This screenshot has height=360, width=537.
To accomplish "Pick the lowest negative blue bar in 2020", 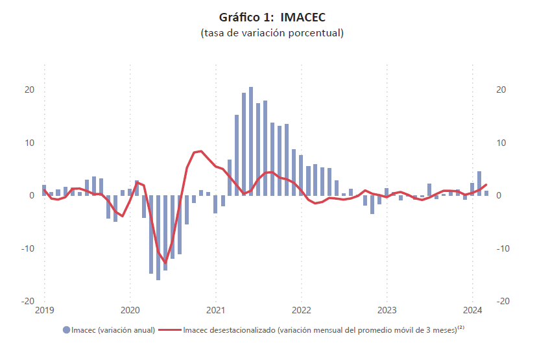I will click(x=158, y=237).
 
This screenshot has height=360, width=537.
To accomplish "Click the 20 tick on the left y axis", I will click(x=29, y=90).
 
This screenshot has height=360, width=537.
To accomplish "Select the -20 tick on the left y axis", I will click(x=27, y=301).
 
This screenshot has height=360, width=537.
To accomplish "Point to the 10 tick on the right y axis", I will click(x=501, y=143).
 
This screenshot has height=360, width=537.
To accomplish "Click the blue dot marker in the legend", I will click(x=67, y=330).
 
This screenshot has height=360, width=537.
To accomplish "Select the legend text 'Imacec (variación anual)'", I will click(x=113, y=330).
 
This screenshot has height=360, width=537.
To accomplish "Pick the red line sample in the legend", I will click(x=171, y=330).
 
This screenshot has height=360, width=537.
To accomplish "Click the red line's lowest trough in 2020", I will click(x=165, y=263).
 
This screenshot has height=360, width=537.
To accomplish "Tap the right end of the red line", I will click(x=486, y=185).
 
